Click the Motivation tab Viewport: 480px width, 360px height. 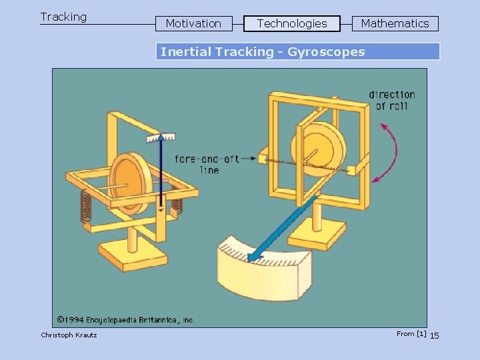pos(193,24)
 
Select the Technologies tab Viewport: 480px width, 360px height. pos(292,24)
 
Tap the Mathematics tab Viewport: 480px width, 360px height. pos(395,24)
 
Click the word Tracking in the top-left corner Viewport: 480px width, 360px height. pos(63,17)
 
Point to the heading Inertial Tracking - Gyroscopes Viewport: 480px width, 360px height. pos(263,52)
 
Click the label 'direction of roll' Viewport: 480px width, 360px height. pos(391,100)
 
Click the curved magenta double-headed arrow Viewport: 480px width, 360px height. pos(389,153)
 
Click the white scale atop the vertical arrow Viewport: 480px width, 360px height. pos(161,137)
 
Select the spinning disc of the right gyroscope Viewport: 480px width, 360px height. pos(319,150)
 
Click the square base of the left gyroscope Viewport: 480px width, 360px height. pos(134,254)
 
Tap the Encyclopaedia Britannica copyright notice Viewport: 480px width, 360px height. pos(125,320)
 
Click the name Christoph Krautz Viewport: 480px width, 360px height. pos(69,335)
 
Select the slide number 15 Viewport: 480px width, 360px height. pos(434,335)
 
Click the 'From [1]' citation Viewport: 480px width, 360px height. pos(411,333)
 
